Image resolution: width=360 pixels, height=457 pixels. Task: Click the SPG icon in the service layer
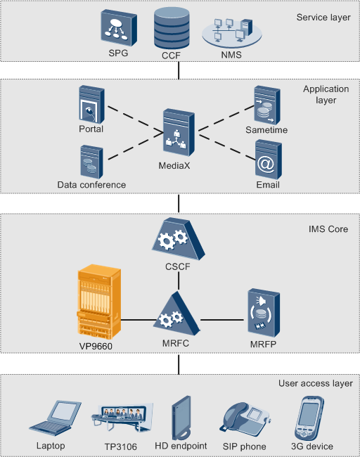click(x=119, y=27)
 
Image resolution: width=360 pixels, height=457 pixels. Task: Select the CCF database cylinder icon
click(x=172, y=28)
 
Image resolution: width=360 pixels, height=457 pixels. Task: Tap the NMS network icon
click(x=232, y=33)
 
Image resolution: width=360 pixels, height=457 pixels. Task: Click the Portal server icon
click(x=91, y=104)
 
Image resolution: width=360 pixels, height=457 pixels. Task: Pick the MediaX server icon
click(x=179, y=133)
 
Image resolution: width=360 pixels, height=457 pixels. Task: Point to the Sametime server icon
click(x=267, y=105)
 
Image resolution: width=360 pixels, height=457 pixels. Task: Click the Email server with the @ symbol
click(x=269, y=160)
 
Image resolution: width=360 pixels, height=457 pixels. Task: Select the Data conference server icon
click(x=91, y=162)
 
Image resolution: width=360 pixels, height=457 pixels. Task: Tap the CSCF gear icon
click(x=178, y=239)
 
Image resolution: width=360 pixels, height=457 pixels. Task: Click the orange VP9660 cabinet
click(x=99, y=302)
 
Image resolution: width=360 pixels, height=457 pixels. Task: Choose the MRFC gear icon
click(x=176, y=314)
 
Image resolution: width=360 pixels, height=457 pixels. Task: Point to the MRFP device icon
click(x=264, y=312)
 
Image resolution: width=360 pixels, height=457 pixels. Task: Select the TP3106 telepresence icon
click(x=122, y=417)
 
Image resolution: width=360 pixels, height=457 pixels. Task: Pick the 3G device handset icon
click(x=309, y=418)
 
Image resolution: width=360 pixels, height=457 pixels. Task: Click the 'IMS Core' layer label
click(x=328, y=229)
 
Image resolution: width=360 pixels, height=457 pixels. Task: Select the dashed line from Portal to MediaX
click(x=136, y=120)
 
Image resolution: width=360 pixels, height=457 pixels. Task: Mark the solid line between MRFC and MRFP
click(x=222, y=320)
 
